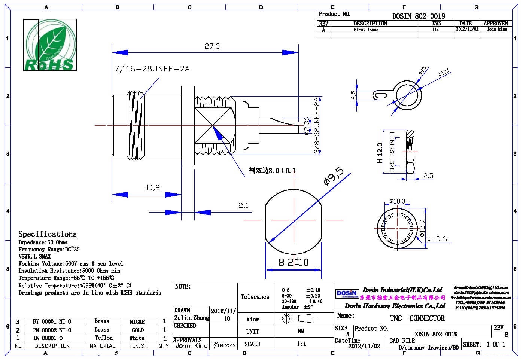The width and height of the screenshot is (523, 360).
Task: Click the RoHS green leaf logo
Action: [50, 45]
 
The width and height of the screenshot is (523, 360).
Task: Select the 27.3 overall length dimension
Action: [212, 46]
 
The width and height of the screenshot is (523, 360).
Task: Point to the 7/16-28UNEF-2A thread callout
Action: [152, 69]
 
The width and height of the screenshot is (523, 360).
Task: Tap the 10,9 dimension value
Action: [153, 187]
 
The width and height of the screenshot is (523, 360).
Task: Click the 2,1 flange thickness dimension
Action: [243, 205]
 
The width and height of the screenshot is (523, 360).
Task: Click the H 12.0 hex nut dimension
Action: [380, 152]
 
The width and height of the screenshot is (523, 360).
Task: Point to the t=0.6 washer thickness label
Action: [437, 239]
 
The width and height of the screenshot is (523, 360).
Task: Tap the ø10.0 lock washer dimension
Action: [397, 201]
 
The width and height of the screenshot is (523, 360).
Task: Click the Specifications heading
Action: [48, 234]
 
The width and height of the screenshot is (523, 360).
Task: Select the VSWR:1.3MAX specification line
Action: [34, 256]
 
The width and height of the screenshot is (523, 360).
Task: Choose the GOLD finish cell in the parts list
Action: [137, 330]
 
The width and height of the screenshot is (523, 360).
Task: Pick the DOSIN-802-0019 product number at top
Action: [419, 16]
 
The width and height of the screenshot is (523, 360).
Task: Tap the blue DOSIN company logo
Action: [346, 294]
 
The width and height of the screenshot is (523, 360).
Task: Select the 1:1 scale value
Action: [301, 344]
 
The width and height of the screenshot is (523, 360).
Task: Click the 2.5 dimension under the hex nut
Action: [428, 176]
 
